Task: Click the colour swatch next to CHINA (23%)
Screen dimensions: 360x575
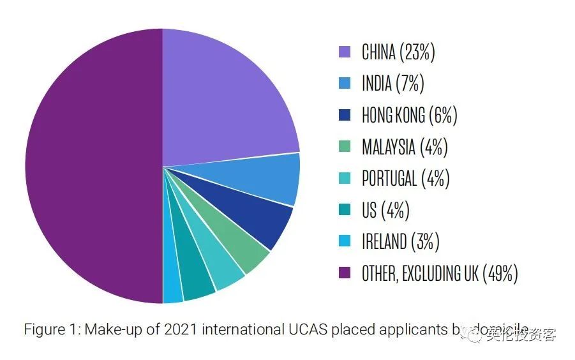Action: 345,52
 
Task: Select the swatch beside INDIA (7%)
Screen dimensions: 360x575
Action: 345,84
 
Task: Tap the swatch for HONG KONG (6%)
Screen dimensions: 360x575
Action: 345,116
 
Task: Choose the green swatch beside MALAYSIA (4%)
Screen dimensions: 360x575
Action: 345,147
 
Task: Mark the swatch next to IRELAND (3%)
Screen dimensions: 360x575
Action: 345,242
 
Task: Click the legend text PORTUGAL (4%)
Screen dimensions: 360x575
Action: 405,179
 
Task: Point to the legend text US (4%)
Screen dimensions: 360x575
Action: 385,211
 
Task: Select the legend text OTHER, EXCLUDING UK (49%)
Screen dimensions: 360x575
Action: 439,274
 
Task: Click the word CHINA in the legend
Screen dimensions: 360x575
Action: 378,52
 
